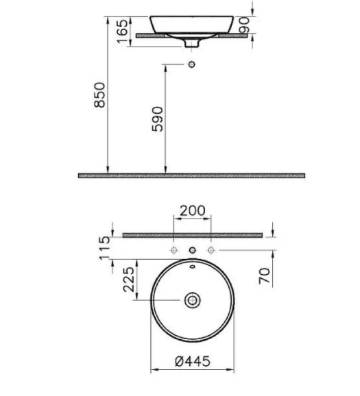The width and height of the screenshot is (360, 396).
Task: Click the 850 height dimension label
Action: [99, 95]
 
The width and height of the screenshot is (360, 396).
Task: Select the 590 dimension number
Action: [157, 119]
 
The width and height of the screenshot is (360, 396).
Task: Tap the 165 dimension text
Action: [123, 31]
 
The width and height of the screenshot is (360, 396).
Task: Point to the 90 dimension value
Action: [245, 25]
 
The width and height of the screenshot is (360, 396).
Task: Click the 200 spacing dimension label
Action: [193, 210]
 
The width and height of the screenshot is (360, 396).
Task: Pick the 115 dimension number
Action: [104, 248]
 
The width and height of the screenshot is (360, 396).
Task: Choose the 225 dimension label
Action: [129, 280]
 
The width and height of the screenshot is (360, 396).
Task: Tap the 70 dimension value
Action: [265, 276]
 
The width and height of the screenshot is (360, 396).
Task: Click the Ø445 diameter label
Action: [193, 361]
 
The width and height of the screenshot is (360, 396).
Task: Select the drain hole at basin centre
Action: [193, 300]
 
